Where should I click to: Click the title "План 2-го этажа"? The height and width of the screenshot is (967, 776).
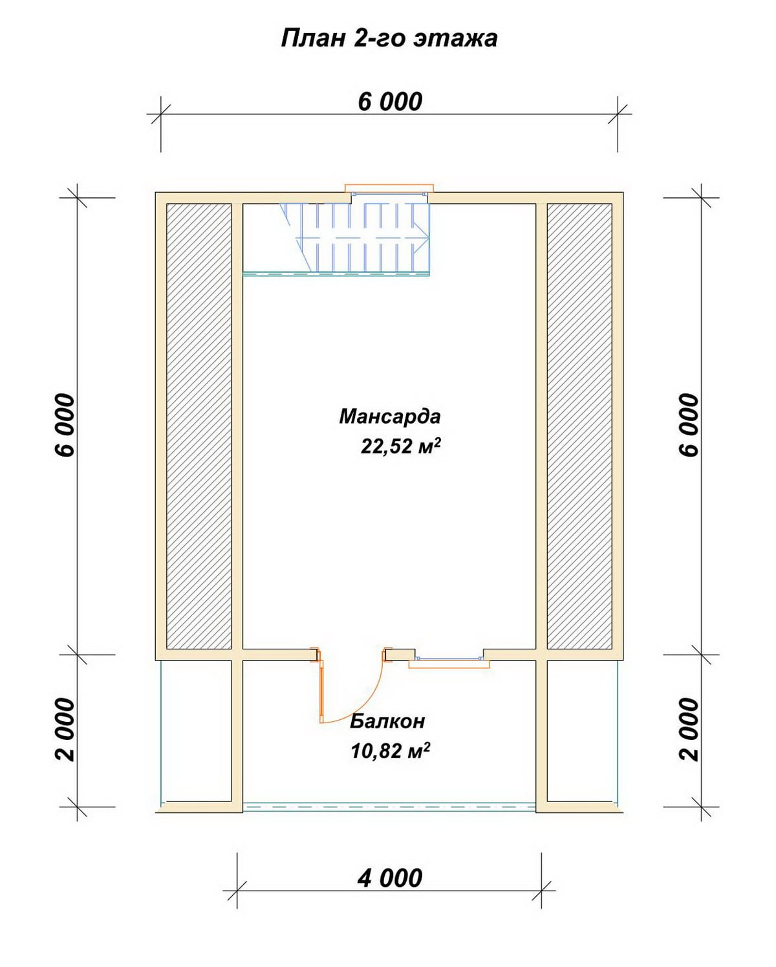coord(389,39)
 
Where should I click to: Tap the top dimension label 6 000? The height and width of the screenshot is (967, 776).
coord(390,102)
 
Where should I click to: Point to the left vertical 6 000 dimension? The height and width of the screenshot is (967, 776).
coord(65,425)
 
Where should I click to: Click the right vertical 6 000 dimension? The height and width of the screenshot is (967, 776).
coord(689,425)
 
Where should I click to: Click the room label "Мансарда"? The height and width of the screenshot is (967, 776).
coord(389,417)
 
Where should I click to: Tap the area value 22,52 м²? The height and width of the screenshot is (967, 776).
coord(400,447)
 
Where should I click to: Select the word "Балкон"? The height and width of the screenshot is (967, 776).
coord(387,722)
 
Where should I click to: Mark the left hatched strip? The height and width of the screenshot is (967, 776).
coord(199,426)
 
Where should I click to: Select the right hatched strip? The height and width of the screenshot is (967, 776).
coord(579,426)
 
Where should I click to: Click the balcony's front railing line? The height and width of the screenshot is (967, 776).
coord(390,807)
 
